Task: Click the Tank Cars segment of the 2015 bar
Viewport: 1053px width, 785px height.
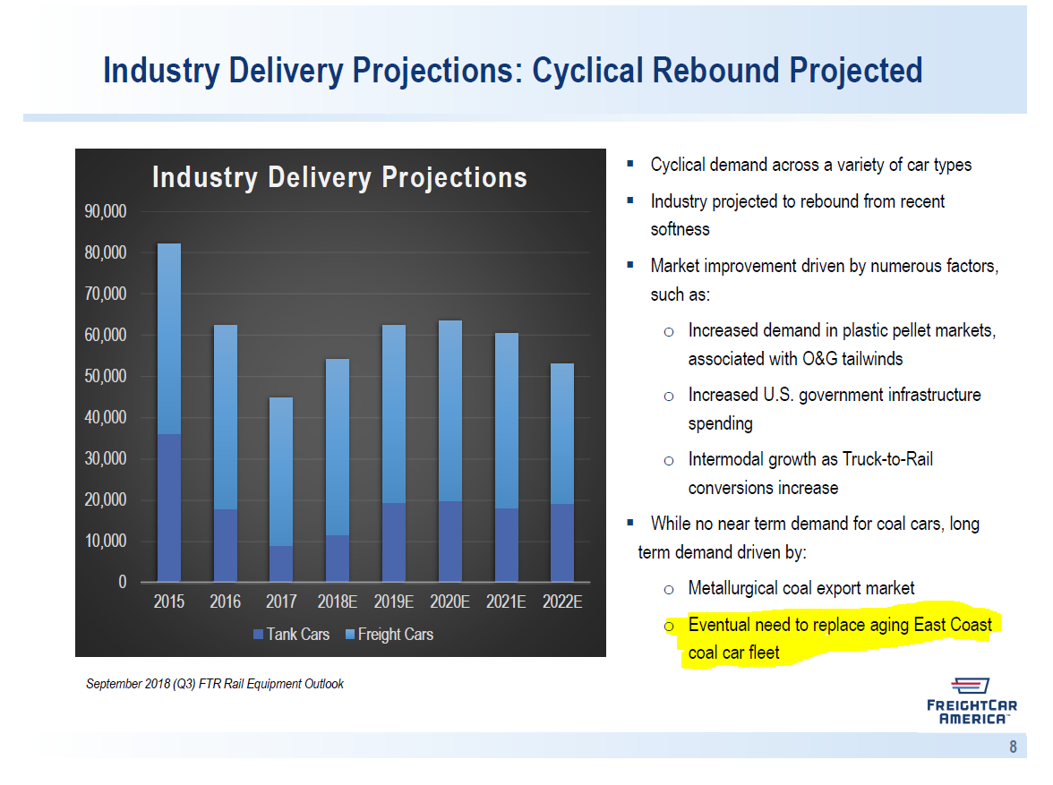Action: point(169,508)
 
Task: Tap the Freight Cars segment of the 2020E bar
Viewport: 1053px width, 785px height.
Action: point(449,411)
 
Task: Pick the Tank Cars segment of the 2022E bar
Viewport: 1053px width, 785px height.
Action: point(562,542)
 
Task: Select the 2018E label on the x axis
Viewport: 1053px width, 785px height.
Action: point(338,602)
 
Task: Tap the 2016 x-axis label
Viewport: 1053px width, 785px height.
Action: point(226,602)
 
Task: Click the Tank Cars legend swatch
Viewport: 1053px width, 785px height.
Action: point(259,635)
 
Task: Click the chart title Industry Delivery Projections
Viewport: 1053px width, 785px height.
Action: point(339,177)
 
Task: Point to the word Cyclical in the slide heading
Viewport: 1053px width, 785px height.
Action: point(586,70)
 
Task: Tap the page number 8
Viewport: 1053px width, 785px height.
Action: point(1013,747)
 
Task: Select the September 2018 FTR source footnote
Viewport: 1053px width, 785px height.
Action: point(215,684)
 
